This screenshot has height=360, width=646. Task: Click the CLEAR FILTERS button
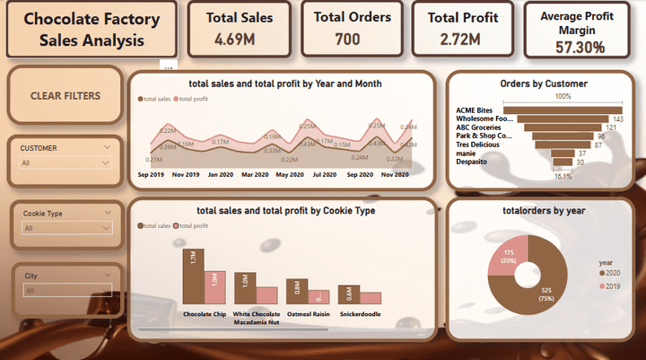[x=65, y=96]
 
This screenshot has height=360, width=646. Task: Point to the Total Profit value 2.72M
[x=460, y=39]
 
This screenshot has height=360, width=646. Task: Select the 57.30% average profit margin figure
[x=579, y=48]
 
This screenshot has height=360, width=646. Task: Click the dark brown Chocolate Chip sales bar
[x=193, y=276]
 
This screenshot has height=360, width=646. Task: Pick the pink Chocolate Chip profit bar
[x=214, y=286]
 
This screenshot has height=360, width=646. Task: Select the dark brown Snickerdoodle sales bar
[x=348, y=294]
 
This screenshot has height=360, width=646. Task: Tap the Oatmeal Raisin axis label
[x=308, y=314]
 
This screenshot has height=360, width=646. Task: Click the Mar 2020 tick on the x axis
[x=255, y=174]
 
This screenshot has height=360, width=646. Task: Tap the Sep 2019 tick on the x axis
[x=150, y=174]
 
